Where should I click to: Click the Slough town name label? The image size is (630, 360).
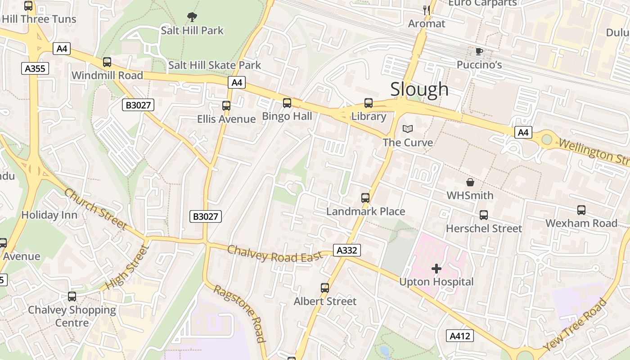click(419, 89)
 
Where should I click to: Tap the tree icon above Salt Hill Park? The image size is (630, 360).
click(192, 18)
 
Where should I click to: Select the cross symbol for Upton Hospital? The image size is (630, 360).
click(436, 269)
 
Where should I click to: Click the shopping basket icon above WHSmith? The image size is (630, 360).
click(470, 182)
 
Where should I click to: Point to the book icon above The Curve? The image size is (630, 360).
click(408, 129)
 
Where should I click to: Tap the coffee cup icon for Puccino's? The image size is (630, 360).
click(479, 51)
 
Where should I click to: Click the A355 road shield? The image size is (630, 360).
click(35, 68)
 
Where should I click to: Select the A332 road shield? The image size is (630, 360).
click(346, 250)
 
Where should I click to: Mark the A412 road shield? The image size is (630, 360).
click(460, 336)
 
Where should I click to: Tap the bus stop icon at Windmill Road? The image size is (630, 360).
click(107, 62)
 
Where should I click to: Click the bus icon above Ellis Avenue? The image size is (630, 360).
click(226, 106)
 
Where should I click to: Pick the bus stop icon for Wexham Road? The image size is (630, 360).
click(581, 210)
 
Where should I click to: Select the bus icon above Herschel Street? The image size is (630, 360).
click(484, 215)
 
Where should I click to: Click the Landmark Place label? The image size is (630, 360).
click(365, 211)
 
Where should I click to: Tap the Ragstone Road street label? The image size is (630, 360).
click(239, 313)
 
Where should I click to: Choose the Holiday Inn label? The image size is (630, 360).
click(49, 215)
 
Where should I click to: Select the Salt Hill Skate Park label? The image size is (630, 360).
click(214, 65)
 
